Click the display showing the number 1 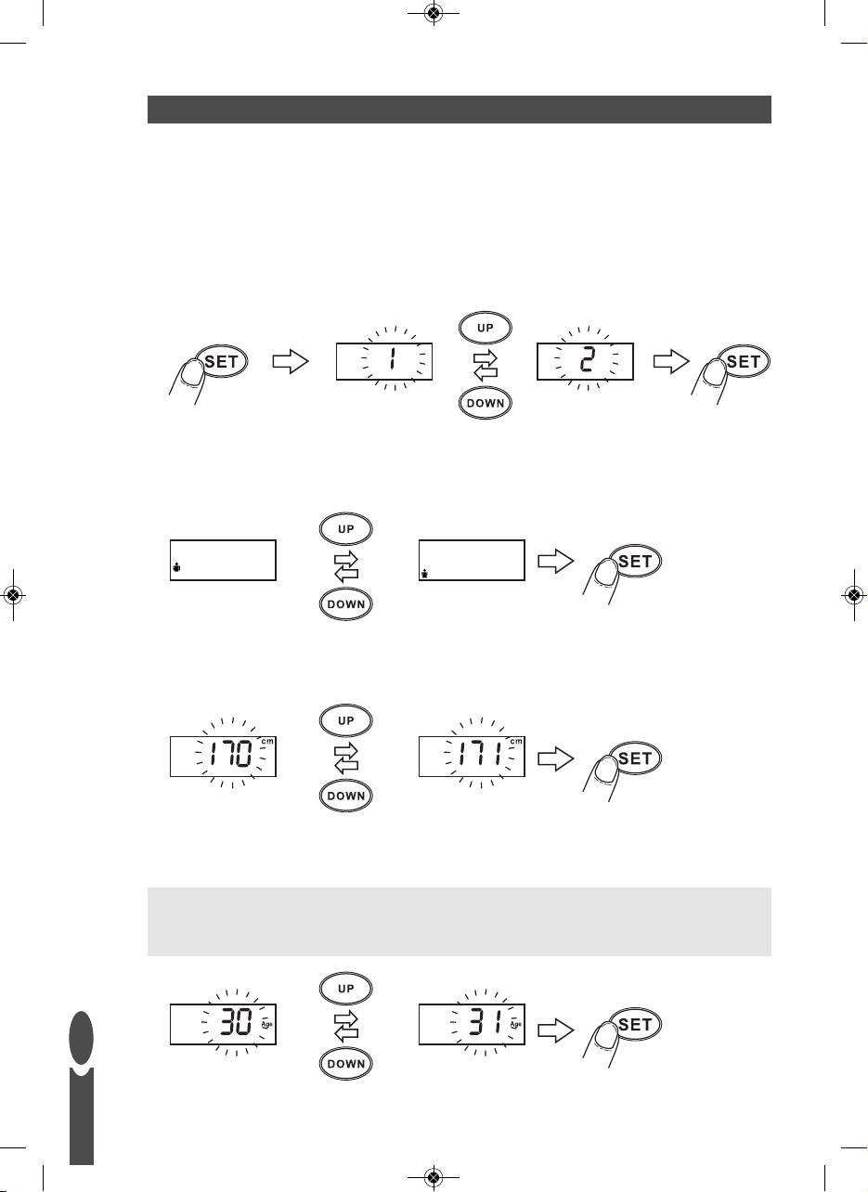click(385, 361)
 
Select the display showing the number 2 click(585, 361)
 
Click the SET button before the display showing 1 click(221, 362)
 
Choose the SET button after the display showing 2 click(744, 362)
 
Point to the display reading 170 click(224, 758)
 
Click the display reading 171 click(472, 758)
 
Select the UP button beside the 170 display click(343, 721)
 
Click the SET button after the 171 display click(635, 758)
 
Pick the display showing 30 click(224, 1025)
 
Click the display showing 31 click(472, 1025)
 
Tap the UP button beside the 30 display click(343, 989)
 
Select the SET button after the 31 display click(635, 1025)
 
